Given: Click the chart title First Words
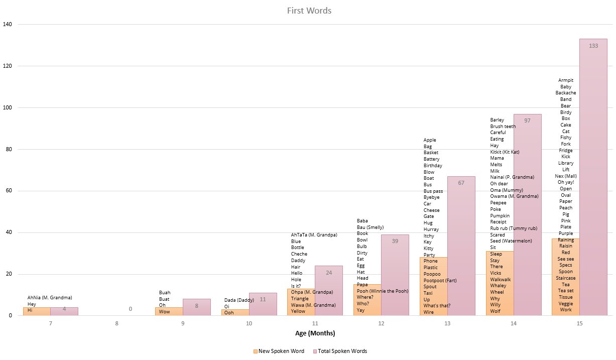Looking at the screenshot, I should pyautogui.click(x=309, y=11).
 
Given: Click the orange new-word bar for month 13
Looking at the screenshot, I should pyautogui.click(x=433, y=286).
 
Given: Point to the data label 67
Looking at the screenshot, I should pyautogui.click(x=461, y=183).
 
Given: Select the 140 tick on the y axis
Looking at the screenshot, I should pyautogui.click(x=8, y=24).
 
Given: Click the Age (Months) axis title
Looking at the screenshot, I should pyautogui.click(x=314, y=333).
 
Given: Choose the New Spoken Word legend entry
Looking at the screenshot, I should pyautogui.click(x=281, y=351).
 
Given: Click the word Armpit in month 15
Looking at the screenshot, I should pyautogui.click(x=566, y=80).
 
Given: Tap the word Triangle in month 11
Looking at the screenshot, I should pyautogui.click(x=300, y=299).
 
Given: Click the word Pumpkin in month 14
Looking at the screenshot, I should pyautogui.click(x=500, y=216).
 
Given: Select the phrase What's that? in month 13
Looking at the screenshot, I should pyautogui.click(x=437, y=306).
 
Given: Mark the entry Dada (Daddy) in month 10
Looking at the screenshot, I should pyautogui.click(x=239, y=300).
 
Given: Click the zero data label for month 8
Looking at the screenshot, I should pyautogui.click(x=131, y=309).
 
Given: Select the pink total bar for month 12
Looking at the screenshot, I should pyautogui.click(x=395, y=276).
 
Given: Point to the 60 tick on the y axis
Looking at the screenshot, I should pyautogui.click(x=10, y=191).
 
